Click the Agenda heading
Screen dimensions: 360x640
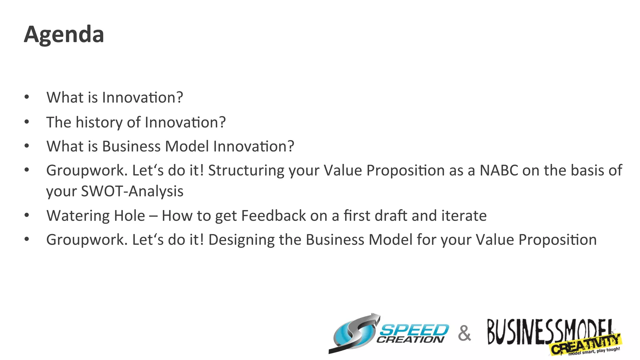[x=64, y=34]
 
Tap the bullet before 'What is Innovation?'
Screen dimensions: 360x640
[x=27, y=97]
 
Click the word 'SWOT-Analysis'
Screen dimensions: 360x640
[x=132, y=191]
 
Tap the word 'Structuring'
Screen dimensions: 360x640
[x=246, y=171]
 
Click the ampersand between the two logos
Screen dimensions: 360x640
[x=464, y=333]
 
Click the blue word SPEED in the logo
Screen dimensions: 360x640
[x=414, y=330]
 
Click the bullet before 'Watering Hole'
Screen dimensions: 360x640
[x=27, y=215]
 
